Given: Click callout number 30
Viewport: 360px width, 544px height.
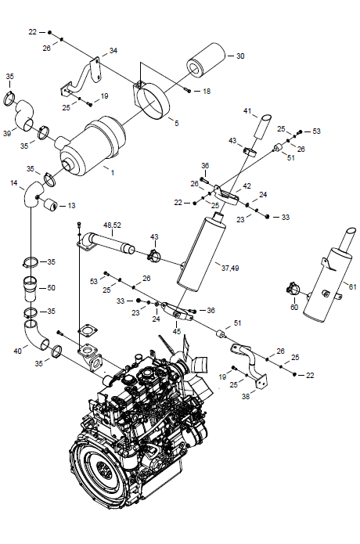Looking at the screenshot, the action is [x=240, y=56].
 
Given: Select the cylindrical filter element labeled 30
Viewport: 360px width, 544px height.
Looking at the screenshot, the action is [x=207, y=61].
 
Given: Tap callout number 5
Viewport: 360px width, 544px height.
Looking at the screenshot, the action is [x=177, y=123].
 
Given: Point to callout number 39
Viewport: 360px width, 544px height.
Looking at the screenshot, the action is [x=7, y=133].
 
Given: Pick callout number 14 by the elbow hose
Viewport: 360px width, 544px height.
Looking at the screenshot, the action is [x=14, y=183].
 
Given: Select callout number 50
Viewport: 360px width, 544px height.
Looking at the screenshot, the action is [x=51, y=287].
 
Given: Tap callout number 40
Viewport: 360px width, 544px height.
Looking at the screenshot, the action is [x=18, y=351].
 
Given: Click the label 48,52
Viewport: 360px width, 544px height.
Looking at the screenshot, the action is [x=112, y=225].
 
